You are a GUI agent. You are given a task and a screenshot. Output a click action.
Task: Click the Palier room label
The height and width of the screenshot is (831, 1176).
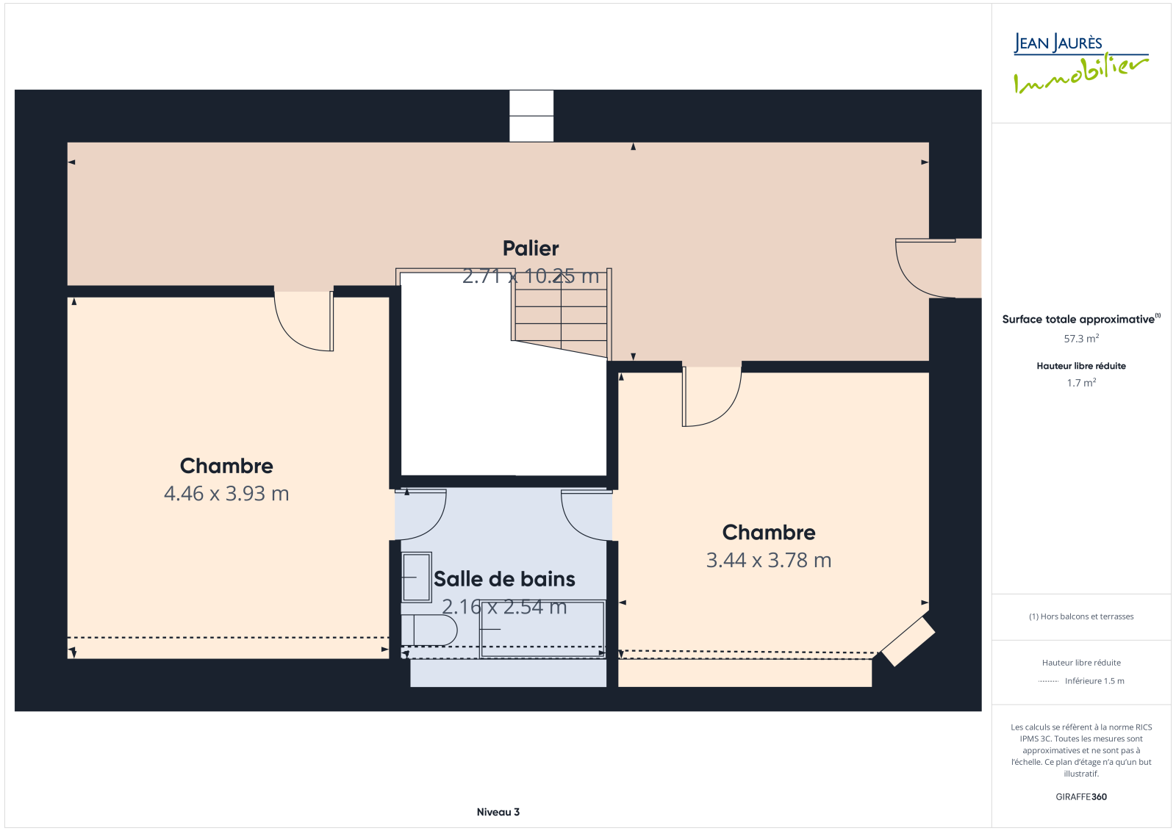pyautogui.click(x=530, y=248)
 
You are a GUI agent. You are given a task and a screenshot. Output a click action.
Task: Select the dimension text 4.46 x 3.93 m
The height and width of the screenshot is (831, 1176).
pyautogui.click(x=226, y=494)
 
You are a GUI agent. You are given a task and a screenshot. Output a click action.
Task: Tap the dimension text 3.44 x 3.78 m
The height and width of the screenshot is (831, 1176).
pyautogui.click(x=769, y=560)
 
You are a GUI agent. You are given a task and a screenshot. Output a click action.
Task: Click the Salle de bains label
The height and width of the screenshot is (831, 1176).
pyautogui.click(x=504, y=579)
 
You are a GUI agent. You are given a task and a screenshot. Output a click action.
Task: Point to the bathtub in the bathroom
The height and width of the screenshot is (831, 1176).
pyautogui.click(x=542, y=630)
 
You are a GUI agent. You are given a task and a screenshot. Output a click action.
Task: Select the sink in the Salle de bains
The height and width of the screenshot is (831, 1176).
pyautogui.click(x=416, y=577)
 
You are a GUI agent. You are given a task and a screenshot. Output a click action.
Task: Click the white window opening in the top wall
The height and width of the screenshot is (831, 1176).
pyautogui.click(x=531, y=116)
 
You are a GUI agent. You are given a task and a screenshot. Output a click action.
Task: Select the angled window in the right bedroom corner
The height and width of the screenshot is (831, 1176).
pyautogui.click(x=908, y=641)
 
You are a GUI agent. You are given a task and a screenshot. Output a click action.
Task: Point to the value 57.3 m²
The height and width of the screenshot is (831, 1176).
pyautogui.click(x=1081, y=339)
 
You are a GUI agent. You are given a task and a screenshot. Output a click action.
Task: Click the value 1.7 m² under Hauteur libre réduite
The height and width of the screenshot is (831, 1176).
pyautogui.click(x=1081, y=383)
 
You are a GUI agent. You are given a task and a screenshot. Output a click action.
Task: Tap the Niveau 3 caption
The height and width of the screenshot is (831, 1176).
pyautogui.click(x=498, y=812)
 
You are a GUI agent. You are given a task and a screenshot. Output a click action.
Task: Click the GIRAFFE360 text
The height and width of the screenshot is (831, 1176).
pyautogui.click(x=1081, y=797)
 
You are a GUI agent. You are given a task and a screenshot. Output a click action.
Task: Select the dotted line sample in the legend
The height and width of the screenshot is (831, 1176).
pyautogui.click(x=1048, y=681)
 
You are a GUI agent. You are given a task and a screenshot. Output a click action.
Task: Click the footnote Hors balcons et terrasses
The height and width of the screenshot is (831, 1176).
pyautogui.click(x=1081, y=616)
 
